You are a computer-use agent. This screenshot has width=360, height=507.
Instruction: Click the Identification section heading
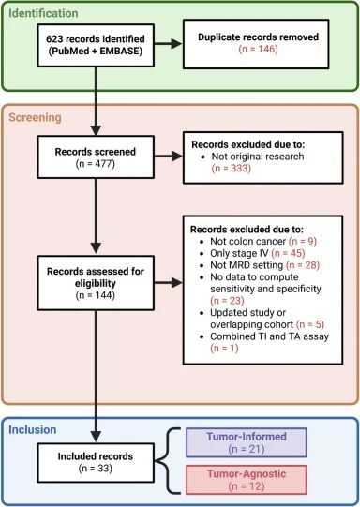tap(44, 14)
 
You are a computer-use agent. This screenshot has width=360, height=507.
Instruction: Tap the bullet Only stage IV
tap(244, 254)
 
